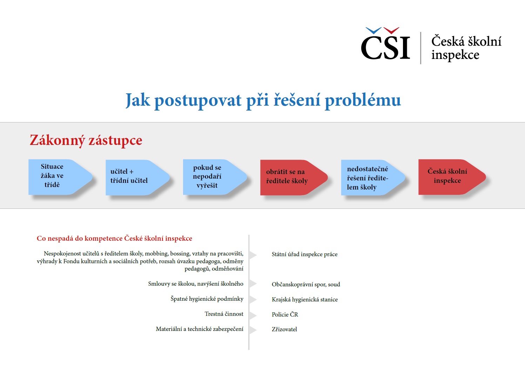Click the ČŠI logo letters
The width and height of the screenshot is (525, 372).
click(x=385, y=48)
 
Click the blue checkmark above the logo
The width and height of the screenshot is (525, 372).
click(x=373, y=31)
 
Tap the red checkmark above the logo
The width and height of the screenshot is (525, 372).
click(x=391, y=31)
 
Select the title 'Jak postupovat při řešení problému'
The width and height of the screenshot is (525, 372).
click(x=263, y=100)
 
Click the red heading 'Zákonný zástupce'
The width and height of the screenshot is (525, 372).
click(x=86, y=140)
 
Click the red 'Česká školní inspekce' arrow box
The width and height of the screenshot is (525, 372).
click(x=449, y=177)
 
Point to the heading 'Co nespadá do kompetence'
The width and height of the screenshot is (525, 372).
click(x=114, y=239)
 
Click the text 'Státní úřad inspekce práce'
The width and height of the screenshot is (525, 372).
click(x=304, y=254)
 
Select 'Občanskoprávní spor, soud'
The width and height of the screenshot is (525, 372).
click(x=306, y=285)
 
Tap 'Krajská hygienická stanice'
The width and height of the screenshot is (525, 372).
click(x=305, y=300)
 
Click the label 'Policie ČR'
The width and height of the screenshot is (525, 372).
click(x=285, y=315)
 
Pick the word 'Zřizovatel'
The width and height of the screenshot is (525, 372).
click(x=284, y=330)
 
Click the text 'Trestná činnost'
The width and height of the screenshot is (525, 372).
click(x=224, y=314)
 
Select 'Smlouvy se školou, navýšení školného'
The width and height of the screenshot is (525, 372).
click(x=196, y=284)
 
